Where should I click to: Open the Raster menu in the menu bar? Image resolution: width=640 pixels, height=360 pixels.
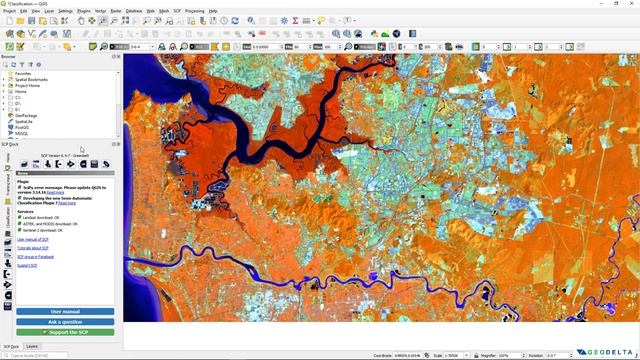[x=116, y=11]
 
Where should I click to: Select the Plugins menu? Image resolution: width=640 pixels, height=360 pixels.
[x=83, y=11]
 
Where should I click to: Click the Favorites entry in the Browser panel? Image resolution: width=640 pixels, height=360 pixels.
[x=23, y=73]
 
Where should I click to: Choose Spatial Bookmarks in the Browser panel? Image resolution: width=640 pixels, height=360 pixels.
[x=30, y=79]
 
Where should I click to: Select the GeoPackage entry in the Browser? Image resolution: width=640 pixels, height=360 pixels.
[x=26, y=115]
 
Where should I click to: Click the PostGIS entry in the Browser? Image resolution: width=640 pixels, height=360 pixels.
[x=22, y=127]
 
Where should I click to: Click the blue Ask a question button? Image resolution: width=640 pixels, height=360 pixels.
[x=65, y=321]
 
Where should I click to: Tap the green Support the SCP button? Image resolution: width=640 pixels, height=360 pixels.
[x=65, y=331]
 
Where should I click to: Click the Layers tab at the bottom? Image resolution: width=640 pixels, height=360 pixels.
[x=32, y=345]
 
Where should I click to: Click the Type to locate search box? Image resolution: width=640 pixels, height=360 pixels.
[x=40, y=355]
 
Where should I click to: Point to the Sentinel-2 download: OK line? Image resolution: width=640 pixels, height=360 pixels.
[x=39, y=229]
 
